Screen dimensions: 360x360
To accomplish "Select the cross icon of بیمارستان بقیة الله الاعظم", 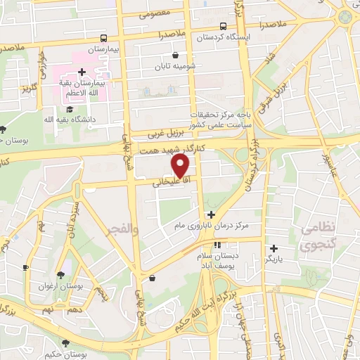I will click(x=82, y=72).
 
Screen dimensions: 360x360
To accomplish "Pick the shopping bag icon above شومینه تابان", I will click(x=175, y=56).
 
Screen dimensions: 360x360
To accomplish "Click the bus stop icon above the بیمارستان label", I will click(x=104, y=39).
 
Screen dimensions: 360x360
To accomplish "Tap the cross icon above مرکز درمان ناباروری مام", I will click(x=210, y=214).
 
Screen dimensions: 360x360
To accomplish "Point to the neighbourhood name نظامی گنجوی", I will click(x=321, y=238).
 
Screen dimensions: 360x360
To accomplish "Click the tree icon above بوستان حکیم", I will click(x=65, y=342).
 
